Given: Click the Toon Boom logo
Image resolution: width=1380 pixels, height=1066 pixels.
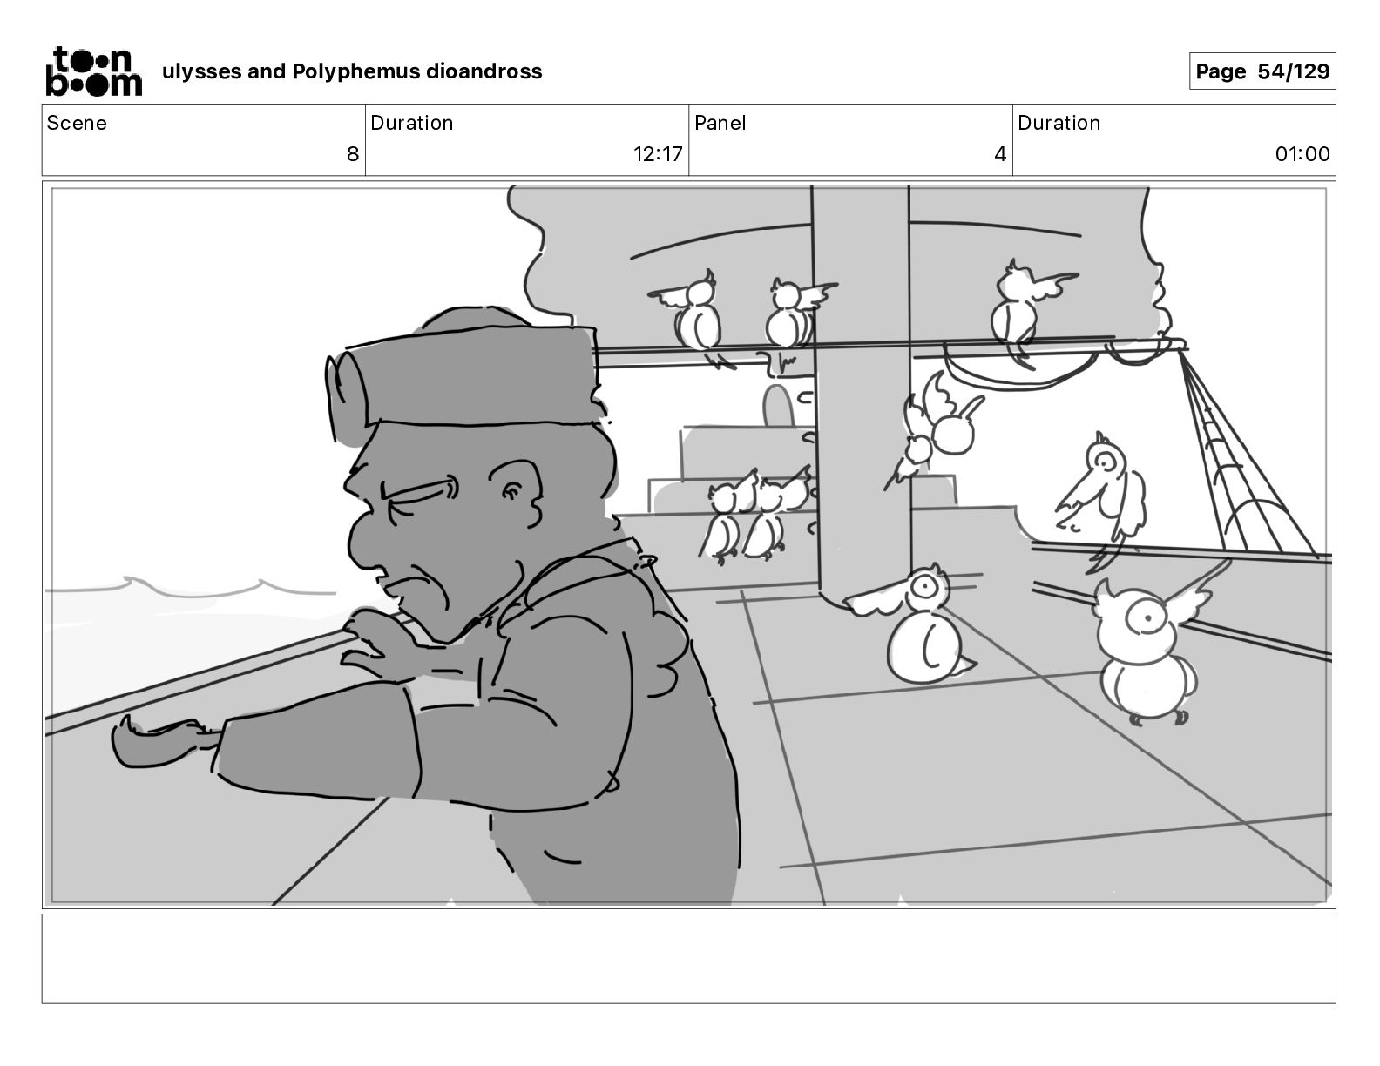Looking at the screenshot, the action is [93, 71].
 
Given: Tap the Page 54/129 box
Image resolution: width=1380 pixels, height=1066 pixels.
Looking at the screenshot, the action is [1262, 71].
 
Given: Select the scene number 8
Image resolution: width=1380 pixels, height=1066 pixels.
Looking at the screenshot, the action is [353, 153].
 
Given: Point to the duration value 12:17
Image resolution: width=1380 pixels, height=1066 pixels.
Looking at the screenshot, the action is [657, 153].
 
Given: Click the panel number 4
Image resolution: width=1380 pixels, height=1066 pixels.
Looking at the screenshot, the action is [999, 153].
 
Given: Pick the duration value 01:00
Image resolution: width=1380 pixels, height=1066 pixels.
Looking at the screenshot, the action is [1302, 153].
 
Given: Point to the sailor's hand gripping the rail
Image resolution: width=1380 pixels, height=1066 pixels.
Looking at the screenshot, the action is [380, 641].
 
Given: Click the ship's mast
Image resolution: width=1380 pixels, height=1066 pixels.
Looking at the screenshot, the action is [862, 394].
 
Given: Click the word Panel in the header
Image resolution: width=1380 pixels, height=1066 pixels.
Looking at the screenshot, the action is [720, 123].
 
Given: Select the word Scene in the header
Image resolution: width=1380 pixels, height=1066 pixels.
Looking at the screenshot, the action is [76, 123].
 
